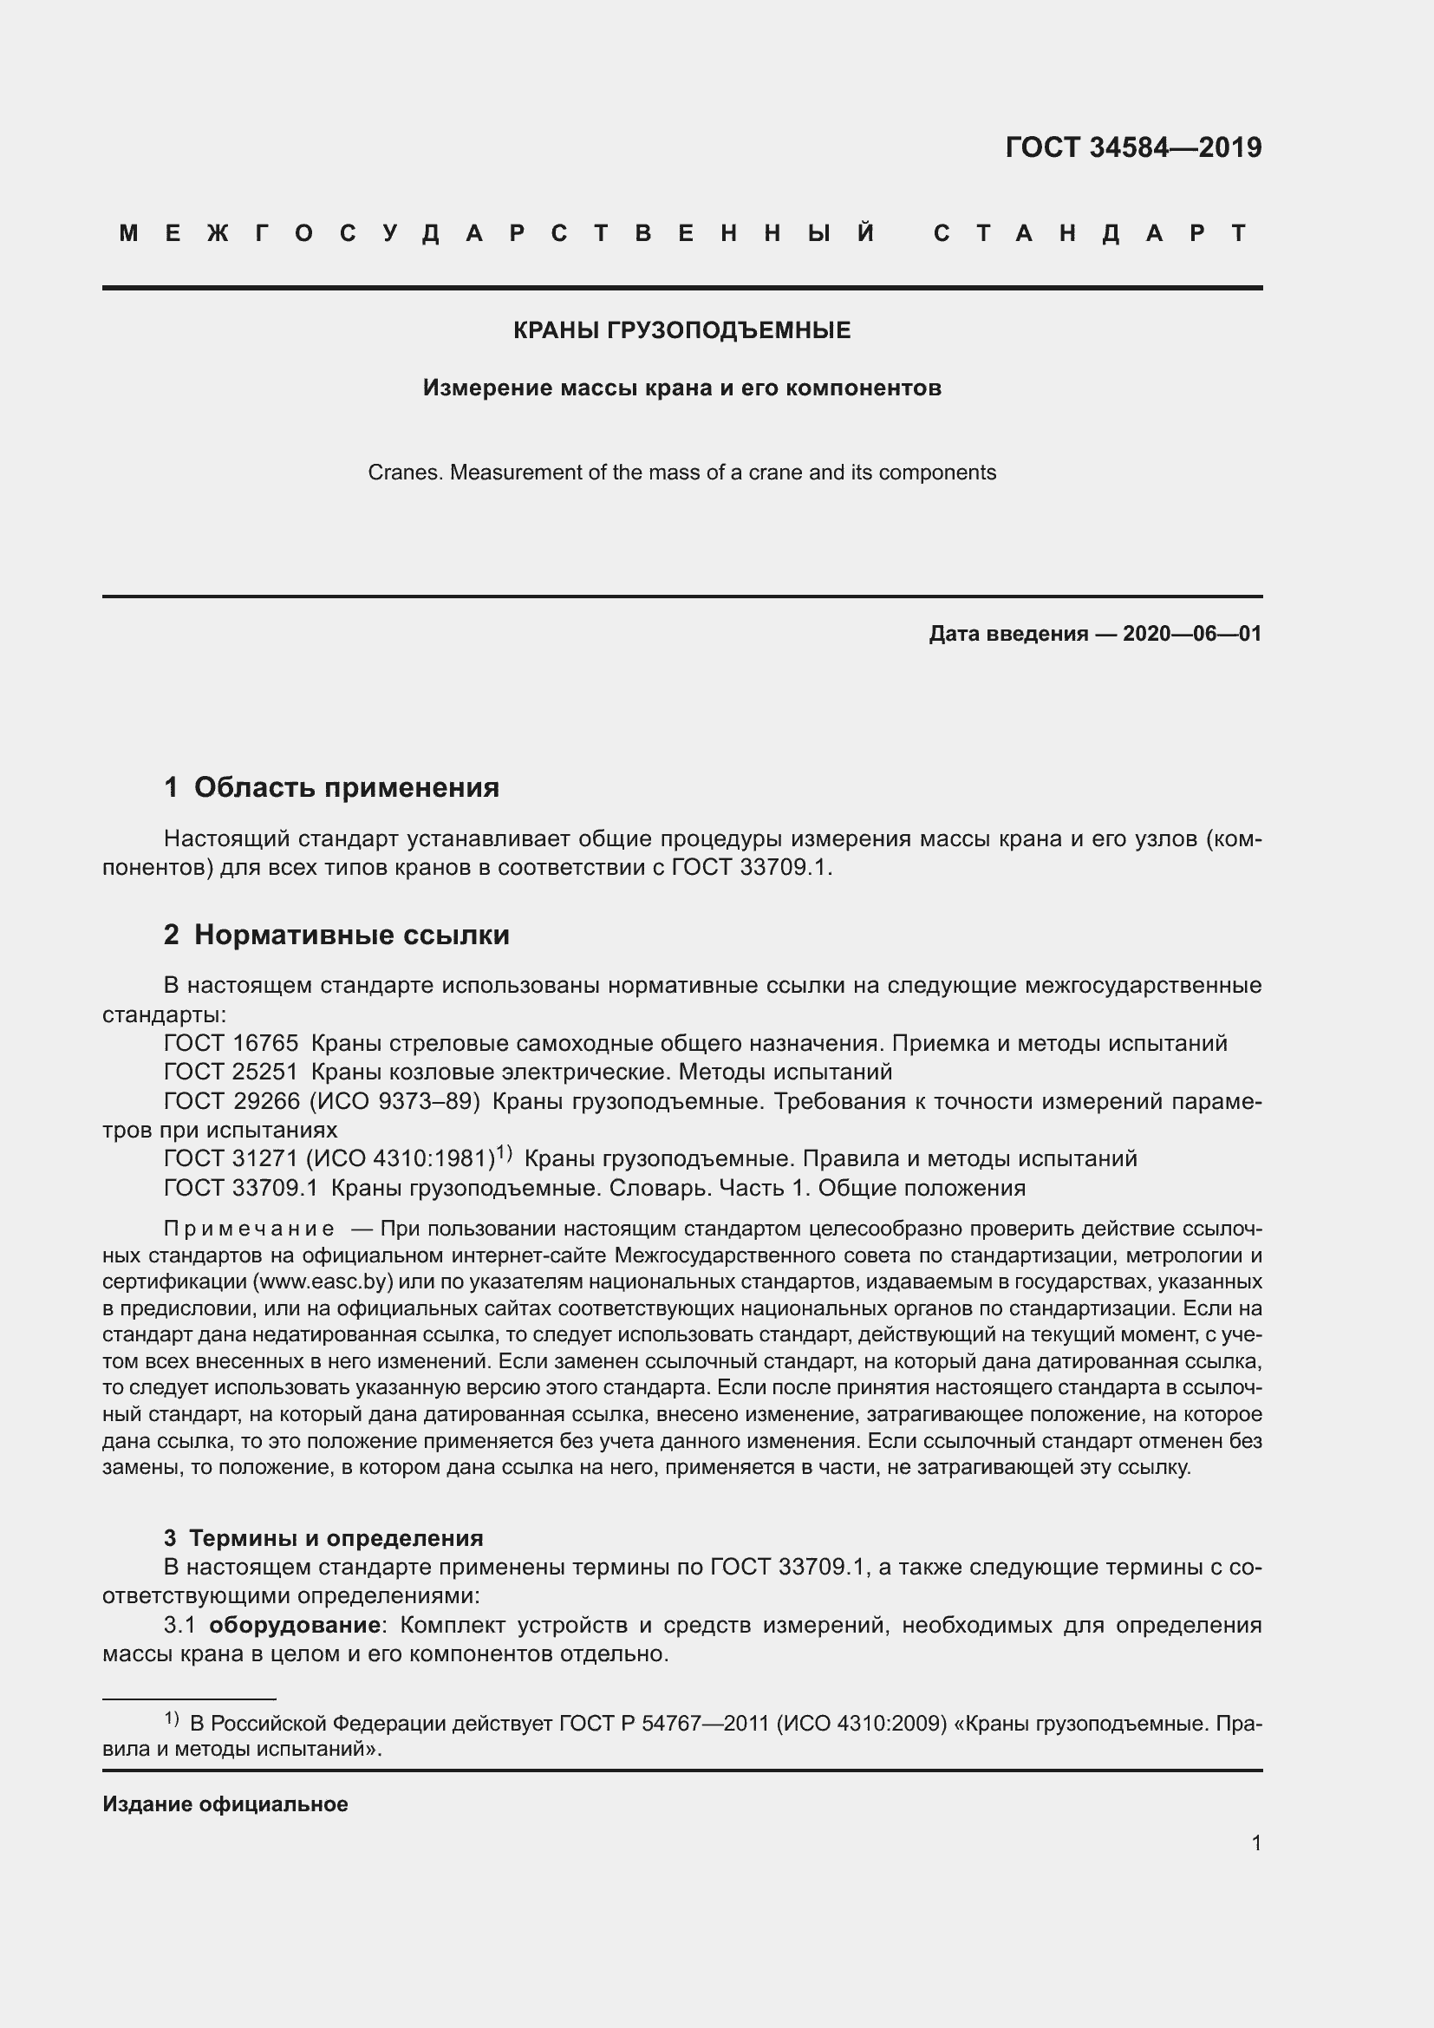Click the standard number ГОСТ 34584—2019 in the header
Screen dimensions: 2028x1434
click(x=1133, y=147)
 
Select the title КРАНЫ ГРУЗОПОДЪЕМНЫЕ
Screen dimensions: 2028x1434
click(x=681, y=330)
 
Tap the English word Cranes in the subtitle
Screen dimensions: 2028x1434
click(x=403, y=473)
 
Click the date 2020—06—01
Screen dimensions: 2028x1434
click(x=1191, y=633)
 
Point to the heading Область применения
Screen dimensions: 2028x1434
click(x=346, y=787)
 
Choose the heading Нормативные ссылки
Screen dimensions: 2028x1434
click(x=351, y=935)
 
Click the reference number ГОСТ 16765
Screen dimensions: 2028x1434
click(x=231, y=1044)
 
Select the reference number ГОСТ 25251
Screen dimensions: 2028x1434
click(x=231, y=1073)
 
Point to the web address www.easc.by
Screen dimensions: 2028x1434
click(x=323, y=1281)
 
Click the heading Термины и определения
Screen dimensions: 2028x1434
click(x=336, y=1538)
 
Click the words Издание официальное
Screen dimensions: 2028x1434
click(x=225, y=1803)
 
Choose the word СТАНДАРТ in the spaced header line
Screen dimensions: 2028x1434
click(x=1091, y=233)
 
